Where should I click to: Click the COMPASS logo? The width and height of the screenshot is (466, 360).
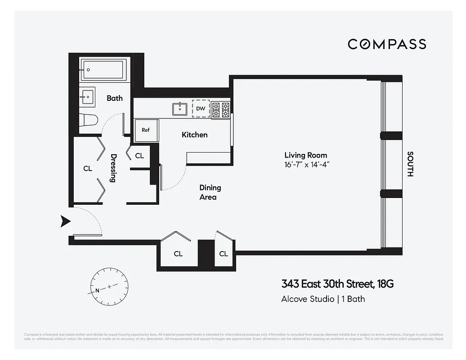tap(387, 44)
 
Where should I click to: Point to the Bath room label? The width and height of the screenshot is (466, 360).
tap(114, 98)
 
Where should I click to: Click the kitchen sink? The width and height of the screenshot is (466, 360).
tap(180, 108)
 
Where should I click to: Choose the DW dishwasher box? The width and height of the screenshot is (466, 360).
tap(201, 108)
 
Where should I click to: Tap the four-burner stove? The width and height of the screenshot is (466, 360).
tap(220, 109)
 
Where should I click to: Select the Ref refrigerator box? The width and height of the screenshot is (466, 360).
tap(146, 130)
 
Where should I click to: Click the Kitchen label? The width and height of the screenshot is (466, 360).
tap(194, 135)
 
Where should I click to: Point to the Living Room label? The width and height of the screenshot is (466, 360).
tap(305, 155)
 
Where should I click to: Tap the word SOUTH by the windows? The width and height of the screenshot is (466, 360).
tap(410, 164)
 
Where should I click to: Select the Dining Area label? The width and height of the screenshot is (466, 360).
tap(210, 192)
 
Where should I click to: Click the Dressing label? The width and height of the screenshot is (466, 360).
tap(113, 168)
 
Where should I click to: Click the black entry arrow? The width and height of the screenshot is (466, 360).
tap(66, 220)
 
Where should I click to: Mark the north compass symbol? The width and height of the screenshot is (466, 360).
tap(109, 287)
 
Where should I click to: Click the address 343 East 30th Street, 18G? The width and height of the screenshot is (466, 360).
tap(337, 284)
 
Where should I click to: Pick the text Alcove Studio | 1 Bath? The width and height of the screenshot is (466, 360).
tap(323, 299)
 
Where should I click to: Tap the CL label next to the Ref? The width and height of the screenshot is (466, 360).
tap(139, 156)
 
